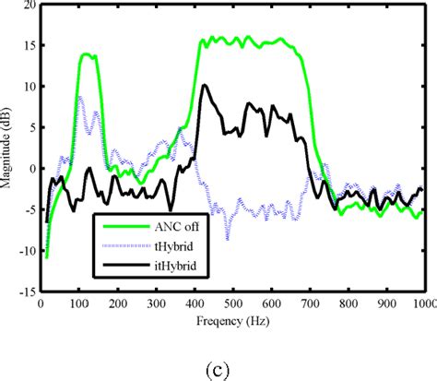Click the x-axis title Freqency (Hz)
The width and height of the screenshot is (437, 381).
pos(232,321)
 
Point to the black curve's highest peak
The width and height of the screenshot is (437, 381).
pos(204,86)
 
